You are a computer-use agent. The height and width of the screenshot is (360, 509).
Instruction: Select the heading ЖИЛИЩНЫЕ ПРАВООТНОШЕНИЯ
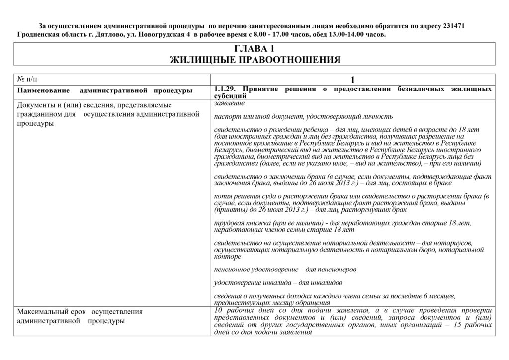tap(254, 60)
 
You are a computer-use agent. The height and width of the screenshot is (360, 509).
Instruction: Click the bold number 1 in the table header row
tap(353, 80)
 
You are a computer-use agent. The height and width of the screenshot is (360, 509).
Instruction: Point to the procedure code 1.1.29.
tap(224, 89)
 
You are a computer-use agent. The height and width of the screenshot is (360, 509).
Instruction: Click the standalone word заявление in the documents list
tap(229, 103)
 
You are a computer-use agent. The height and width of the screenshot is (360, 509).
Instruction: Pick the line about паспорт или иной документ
tap(303, 116)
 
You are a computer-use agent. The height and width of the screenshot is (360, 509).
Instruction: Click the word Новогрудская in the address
tap(163, 35)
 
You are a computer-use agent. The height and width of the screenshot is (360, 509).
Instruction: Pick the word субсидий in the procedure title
tap(230, 95)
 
